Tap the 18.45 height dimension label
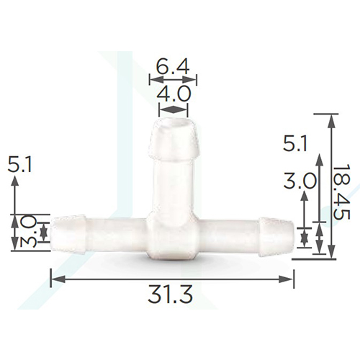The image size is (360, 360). (341, 193)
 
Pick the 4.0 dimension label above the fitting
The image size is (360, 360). (174, 94)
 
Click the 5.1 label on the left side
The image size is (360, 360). (19, 164)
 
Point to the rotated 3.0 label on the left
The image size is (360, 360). (28, 230)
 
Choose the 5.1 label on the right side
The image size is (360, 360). (295, 144)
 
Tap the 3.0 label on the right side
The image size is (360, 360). (299, 181)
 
